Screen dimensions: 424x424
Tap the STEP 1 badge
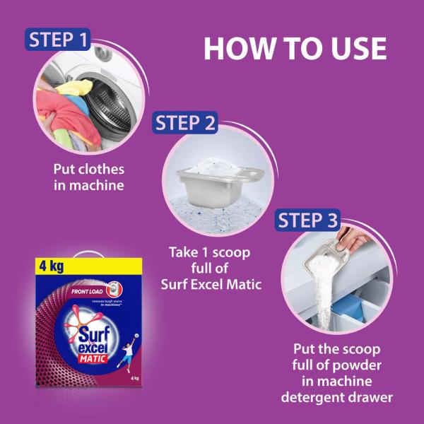pos(61,40)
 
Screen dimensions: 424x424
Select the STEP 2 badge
pos(184,122)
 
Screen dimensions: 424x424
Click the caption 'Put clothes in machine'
pos(89,177)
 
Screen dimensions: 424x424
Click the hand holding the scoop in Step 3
pos(360,243)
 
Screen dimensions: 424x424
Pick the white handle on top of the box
pos(88,253)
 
